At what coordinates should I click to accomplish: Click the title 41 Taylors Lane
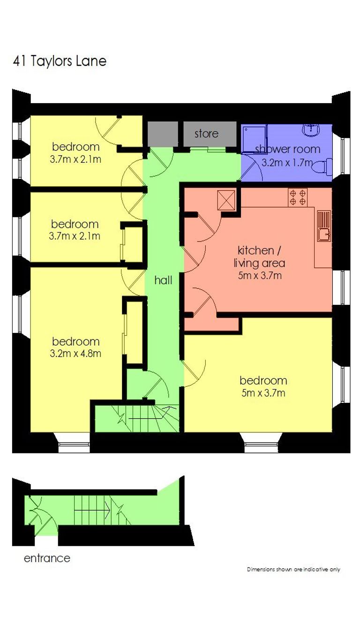[x=60, y=61]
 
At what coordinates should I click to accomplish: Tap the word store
[x=206, y=134]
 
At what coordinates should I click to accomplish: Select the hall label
[x=163, y=280]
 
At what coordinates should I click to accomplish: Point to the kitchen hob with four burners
[x=298, y=197]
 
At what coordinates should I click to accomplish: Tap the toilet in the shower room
[x=322, y=167]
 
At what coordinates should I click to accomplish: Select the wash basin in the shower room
[x=311, y=130]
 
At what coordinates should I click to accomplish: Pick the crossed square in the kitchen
[x=226, y=200]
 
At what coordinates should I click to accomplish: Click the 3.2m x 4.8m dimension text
[x=75, y=354]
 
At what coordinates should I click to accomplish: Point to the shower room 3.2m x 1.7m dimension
[x=287, y=163]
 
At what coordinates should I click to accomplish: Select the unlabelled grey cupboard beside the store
[x=163, y=134]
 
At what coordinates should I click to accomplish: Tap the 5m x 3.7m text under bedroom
[x=263, y=393]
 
